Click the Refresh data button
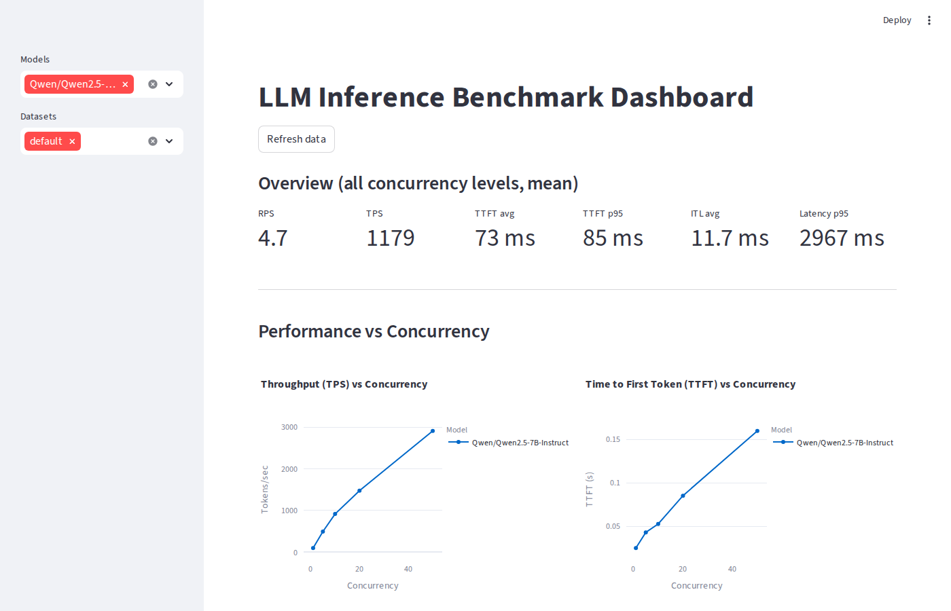[296, 139]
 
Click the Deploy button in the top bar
[897, 20]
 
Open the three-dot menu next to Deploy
[929, 20]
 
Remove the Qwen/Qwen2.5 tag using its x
[125, 84]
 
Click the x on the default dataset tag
[72, 141]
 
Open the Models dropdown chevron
[169, 84]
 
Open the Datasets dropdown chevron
[169, 141]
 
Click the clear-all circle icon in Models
[153, 84]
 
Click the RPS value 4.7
[273, 238]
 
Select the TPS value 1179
[391, 238]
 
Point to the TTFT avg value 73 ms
[505, 238]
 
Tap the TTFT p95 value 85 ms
[613, 238]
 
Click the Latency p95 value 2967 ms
[842, 238]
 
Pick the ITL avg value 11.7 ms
[730, 238]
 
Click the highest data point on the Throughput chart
[433, 431]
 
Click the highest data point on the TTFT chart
[757, 431]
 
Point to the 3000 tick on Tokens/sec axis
[289, 427]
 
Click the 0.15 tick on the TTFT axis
[613, 439]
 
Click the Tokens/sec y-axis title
[265, 489]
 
